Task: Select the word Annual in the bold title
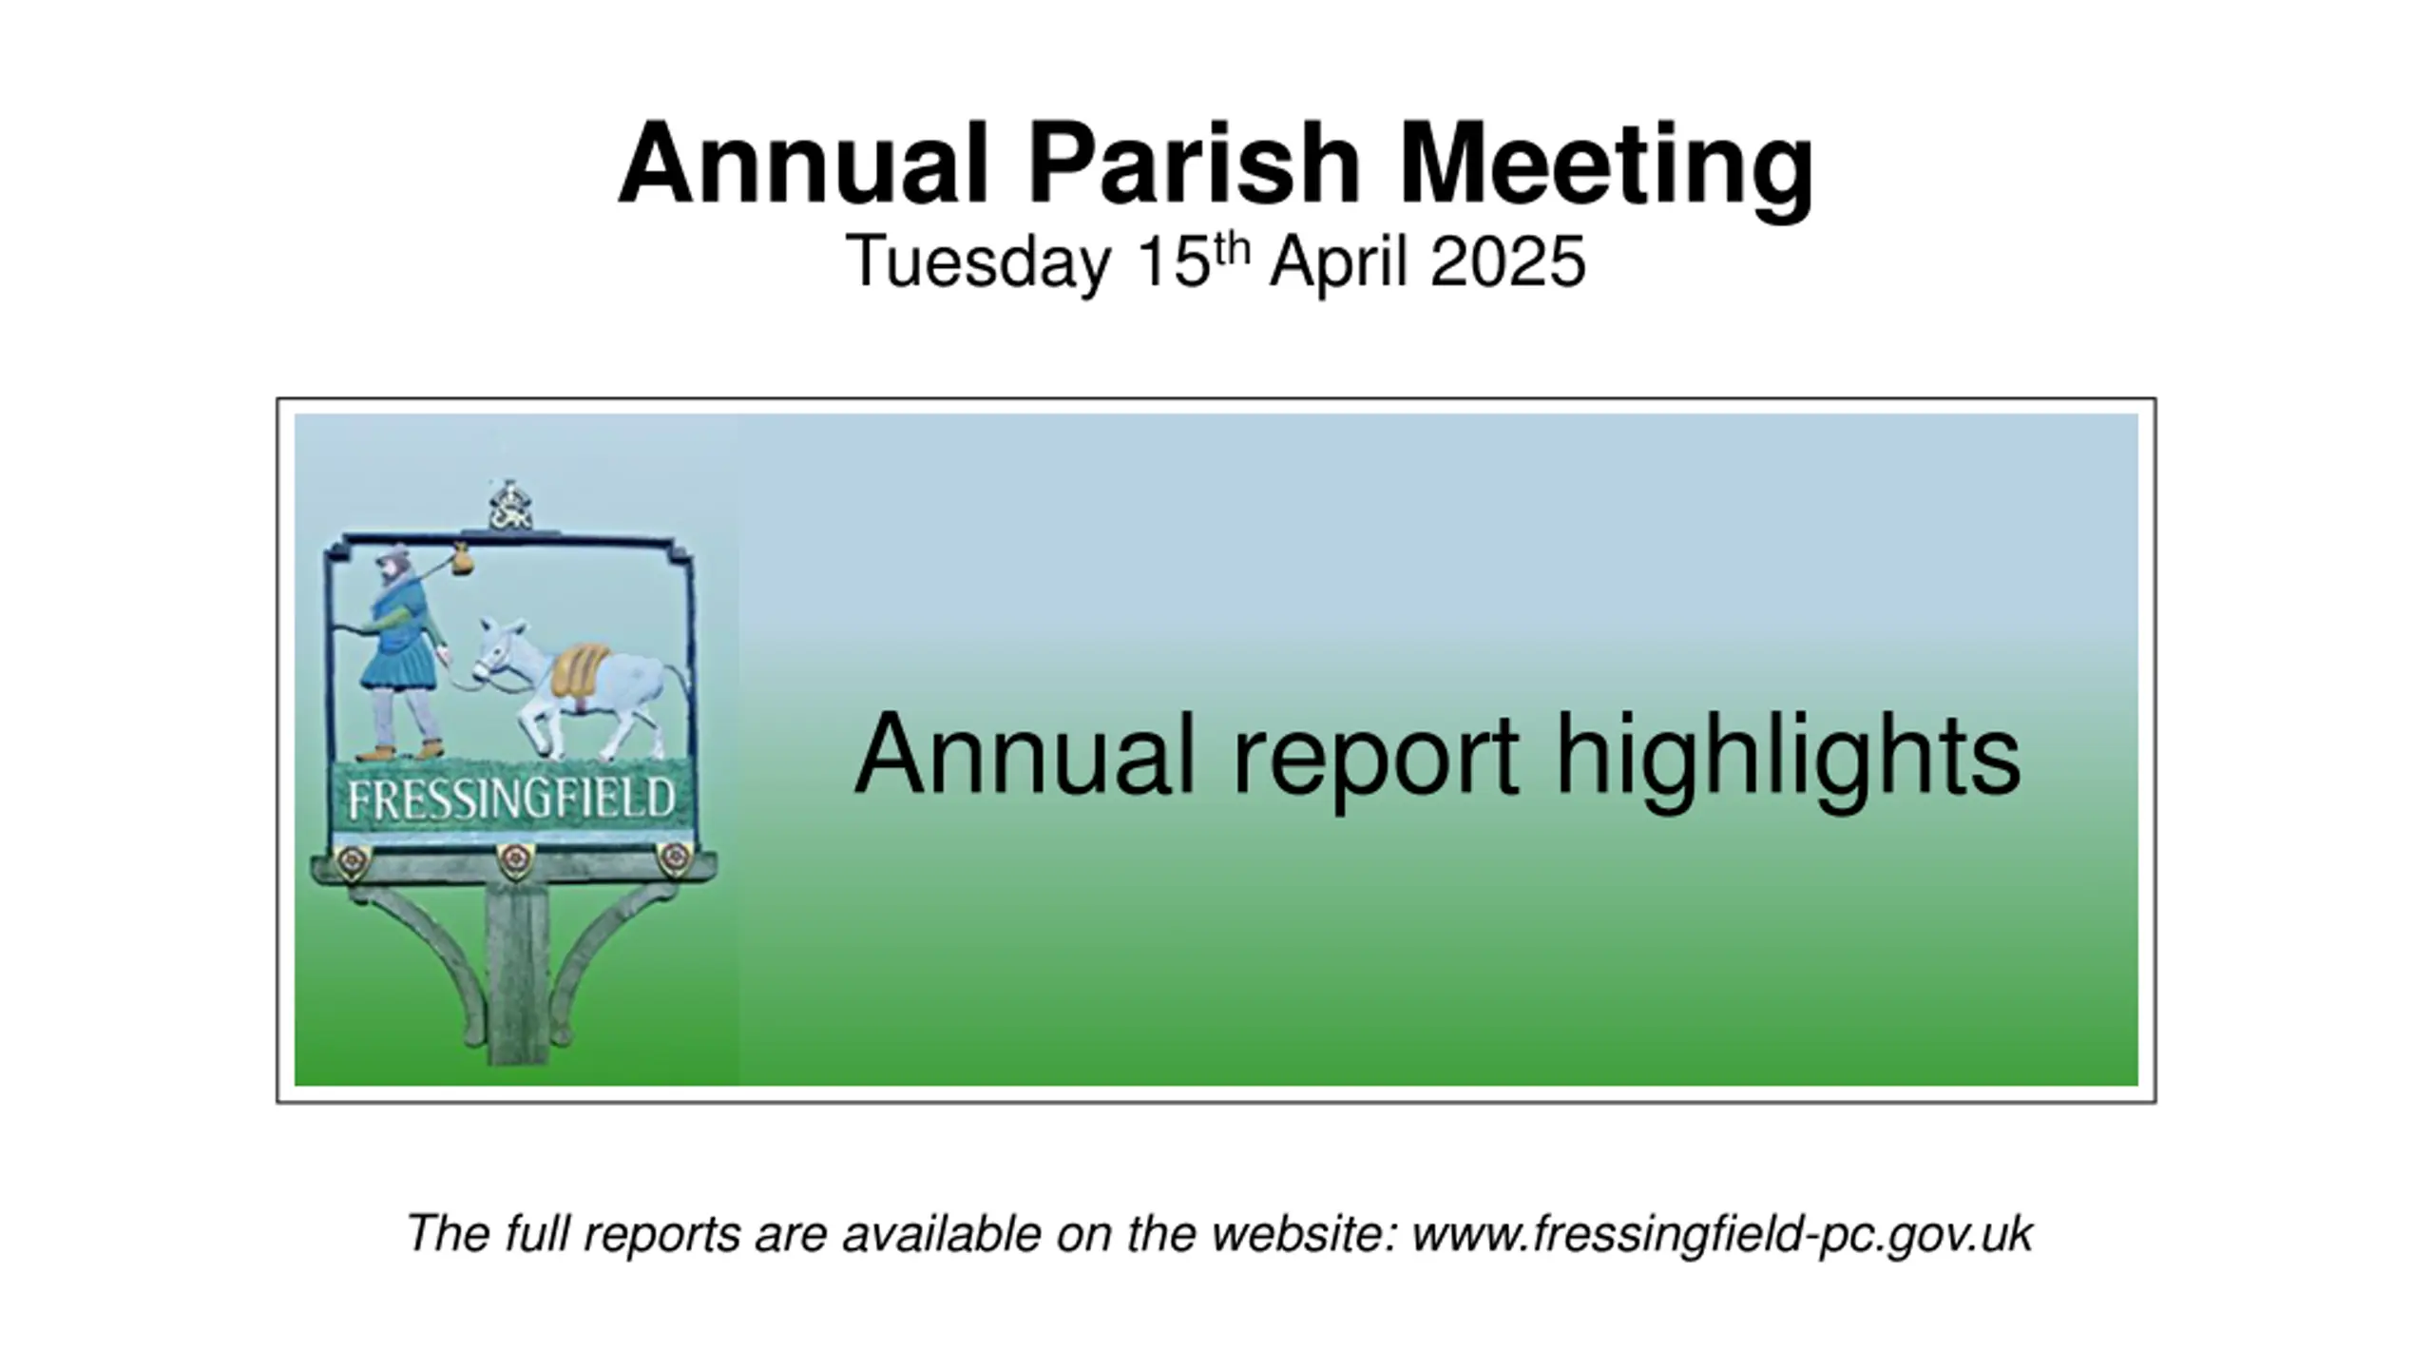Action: (804, 164)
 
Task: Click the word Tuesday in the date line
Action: (978, 264)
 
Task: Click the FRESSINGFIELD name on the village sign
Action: (511, 800)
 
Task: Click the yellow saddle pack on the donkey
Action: (579, 670)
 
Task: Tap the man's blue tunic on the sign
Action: (399, 646)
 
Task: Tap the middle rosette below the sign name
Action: (514, 860)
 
